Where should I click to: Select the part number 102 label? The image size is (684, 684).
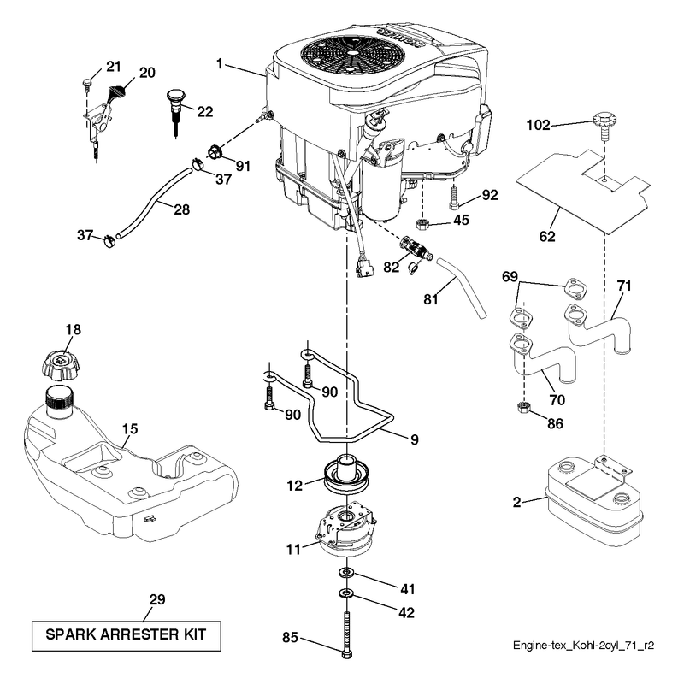pos(538,125)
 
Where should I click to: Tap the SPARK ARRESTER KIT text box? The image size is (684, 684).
pos(126,636)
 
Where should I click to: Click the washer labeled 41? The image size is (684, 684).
pos(347,572)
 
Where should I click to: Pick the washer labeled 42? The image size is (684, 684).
pos(347,593)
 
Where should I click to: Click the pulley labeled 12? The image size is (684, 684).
pos(347,475)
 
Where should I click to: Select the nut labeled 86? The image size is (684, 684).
pos(524,409)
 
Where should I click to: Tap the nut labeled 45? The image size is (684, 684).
pos(422,224)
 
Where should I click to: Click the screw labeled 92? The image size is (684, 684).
pos(453,197)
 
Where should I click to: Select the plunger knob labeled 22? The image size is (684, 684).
pos(176,111)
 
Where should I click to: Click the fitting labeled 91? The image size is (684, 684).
pos(215,153)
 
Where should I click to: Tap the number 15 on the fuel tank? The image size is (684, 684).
pos(130,429)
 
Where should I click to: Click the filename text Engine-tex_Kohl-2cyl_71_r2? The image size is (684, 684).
pos(583,646)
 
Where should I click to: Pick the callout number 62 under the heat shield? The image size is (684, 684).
pos(547,237)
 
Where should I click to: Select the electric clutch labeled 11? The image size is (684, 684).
pos(345,528)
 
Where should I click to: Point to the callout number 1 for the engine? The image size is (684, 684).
pos(220,64)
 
